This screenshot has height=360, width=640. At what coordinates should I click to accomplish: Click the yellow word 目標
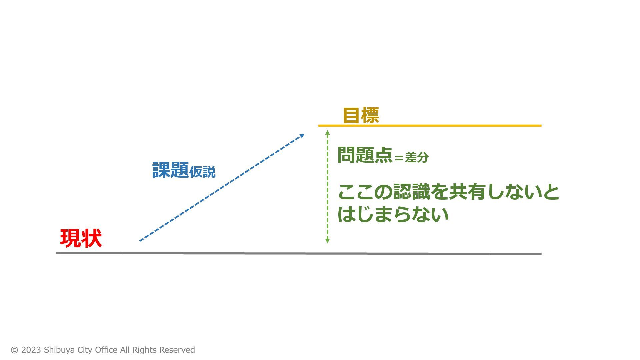(x=361, y=115)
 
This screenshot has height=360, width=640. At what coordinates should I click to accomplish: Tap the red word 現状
(x=81, y=238)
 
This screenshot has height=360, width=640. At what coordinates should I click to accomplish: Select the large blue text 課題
(x=170, y=170)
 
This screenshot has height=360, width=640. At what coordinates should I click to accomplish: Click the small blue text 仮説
(x=202, y=172)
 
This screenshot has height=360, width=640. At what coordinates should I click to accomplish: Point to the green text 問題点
(x=365, y=155)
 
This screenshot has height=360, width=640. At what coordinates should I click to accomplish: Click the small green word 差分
(x=417, y=157)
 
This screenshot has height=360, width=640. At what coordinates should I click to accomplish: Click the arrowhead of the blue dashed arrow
(x=302, y=136)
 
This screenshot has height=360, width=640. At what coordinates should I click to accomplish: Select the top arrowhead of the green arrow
(x=327, y=132)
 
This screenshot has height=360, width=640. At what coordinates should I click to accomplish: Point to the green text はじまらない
(x=393, y=214)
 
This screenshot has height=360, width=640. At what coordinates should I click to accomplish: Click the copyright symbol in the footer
(x=14, y=350)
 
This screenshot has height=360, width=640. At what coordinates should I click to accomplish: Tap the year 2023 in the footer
(x=31, y=350)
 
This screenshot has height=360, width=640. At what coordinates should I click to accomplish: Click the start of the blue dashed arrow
(x=140, y=241)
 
